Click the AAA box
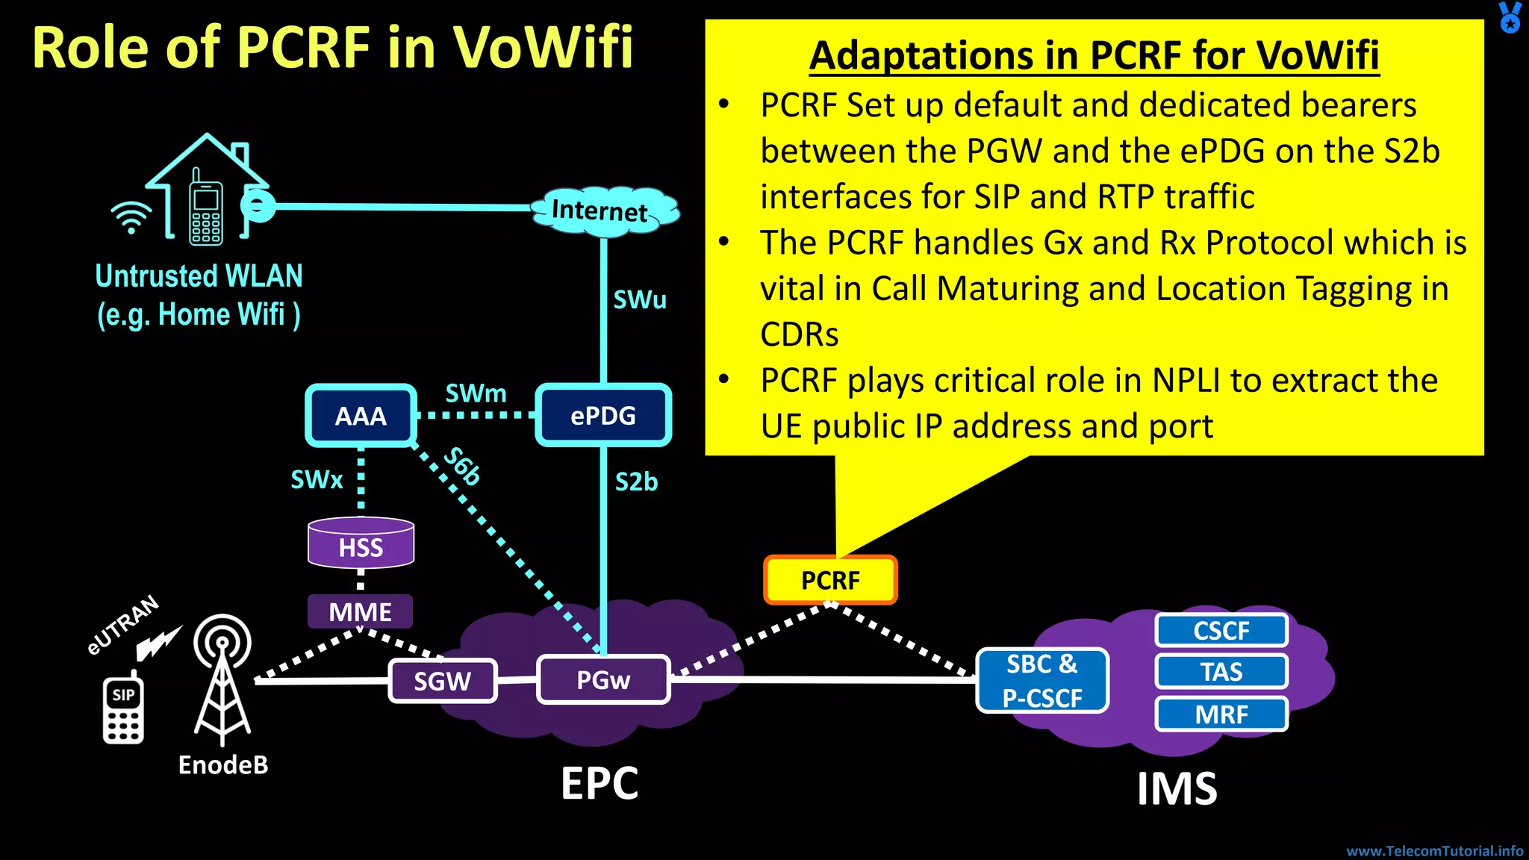coord(361,416)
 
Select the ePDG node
coord(603,416)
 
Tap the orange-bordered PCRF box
coord(830,580)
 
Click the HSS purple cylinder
coord(361,544)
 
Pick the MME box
coord(360,612)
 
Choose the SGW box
coord(443,681)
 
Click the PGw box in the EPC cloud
coord(603,679)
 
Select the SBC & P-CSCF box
coord(1042,680)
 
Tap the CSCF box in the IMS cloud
coord(1221,631)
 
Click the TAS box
coord(1221,672)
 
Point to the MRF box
coord(1221,714)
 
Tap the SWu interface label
coord(640,300)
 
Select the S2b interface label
coord(636,482)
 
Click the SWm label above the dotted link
coord(476,393)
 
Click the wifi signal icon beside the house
coord(131,217)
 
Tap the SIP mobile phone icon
coord(123,709)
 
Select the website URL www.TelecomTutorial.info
coord(1434,851)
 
